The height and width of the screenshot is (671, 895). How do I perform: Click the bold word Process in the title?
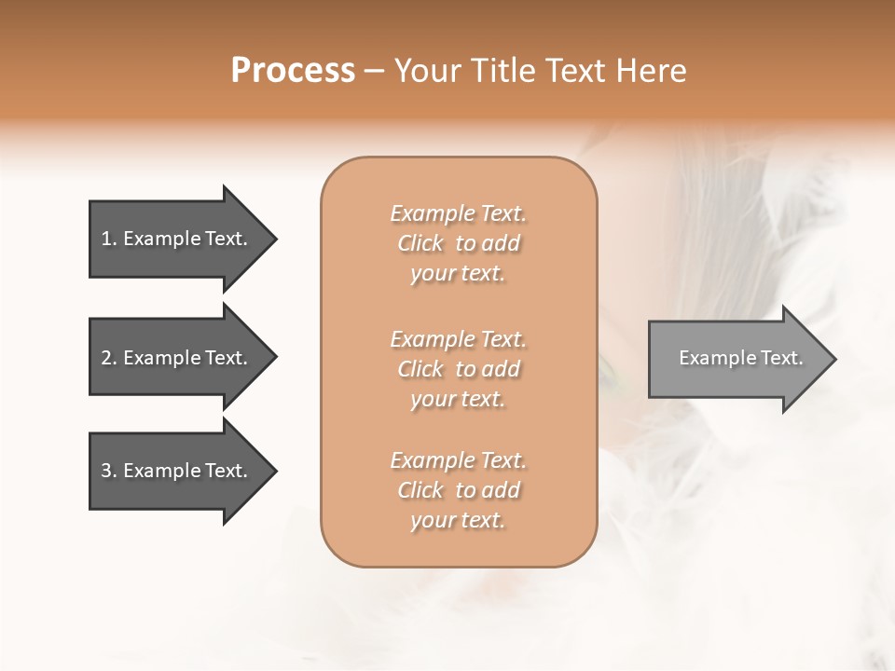293,71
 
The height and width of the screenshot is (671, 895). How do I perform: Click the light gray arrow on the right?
737,359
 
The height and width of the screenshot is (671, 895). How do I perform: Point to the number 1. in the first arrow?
109,240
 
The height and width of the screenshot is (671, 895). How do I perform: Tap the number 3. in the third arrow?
109,472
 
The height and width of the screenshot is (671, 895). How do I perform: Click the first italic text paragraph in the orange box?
458,243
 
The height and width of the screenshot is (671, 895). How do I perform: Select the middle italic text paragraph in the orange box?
458,369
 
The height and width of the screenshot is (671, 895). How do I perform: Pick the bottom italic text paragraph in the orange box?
458,490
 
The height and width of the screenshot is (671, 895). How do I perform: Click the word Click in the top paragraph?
420,244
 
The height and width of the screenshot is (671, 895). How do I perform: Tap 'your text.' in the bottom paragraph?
458,520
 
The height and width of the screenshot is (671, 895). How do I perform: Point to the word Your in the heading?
428,71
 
